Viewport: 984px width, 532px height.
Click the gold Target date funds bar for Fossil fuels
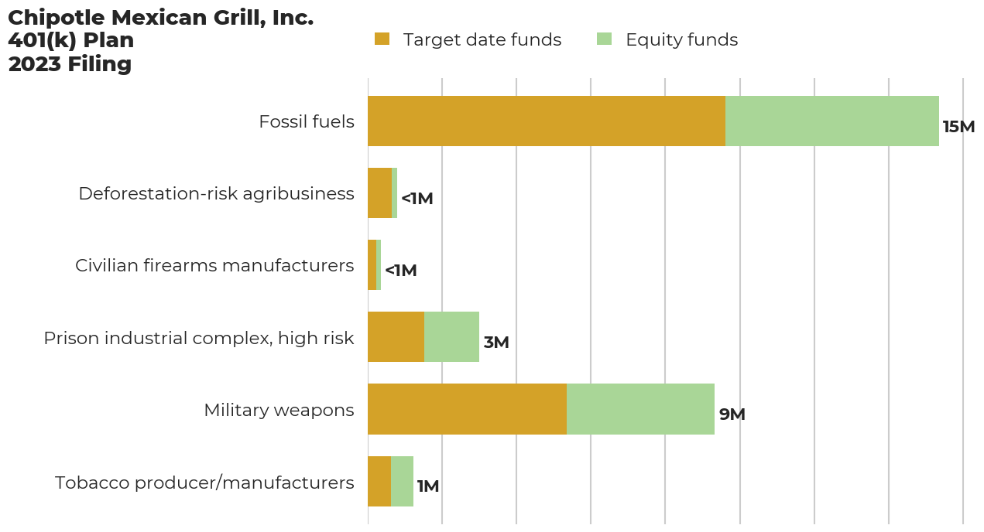(546, 121)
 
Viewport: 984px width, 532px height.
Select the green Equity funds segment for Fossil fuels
(831, 121)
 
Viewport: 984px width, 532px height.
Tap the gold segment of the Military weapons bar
(467, 409)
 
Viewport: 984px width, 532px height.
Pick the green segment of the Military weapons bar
(640, 409)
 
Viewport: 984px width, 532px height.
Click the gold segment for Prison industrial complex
(396, 337)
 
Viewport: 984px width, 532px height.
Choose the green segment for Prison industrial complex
(451, 337)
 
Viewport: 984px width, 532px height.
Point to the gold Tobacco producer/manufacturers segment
(379, 481)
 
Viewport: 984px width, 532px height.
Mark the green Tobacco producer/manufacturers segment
(402, 481)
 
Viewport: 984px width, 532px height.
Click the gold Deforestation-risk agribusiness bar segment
(379, 193)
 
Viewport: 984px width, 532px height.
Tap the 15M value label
(958, 127)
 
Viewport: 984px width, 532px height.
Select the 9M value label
(732, 414)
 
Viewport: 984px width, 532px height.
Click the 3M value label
(496, 343)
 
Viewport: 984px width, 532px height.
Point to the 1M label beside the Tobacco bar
(428, 486)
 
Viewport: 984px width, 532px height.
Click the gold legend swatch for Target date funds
(382, 39)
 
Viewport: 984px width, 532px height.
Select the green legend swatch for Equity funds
(605, 39)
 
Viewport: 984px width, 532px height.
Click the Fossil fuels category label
(307, 121)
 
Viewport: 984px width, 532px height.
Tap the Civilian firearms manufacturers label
(214, 265)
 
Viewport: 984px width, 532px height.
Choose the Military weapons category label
(279, 410)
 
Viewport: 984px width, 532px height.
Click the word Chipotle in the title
(56, 18)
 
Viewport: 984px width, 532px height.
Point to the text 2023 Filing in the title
(70, 64)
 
